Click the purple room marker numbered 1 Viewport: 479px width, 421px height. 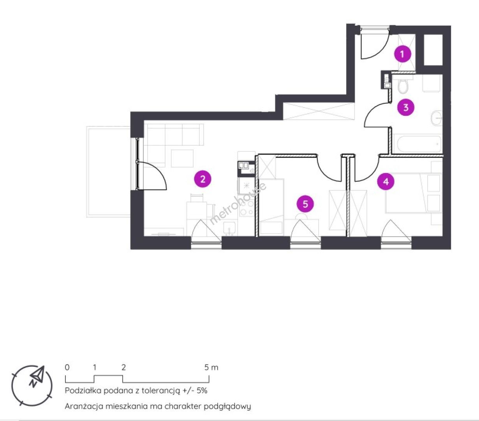[402, 54]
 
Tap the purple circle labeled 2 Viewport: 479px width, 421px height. [203, 179]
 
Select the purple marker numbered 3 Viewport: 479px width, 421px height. [406, 108]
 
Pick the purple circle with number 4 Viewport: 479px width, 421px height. [386, 182]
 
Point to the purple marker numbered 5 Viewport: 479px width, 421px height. [305, 204]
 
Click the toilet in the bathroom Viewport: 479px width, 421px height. [403, 86]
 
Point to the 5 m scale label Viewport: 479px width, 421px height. [211, 368]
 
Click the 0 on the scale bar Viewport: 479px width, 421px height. [67, 368]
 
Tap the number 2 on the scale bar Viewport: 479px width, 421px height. [123, 368]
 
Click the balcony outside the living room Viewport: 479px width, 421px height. [108, 172]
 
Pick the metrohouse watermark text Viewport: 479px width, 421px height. [238, 203]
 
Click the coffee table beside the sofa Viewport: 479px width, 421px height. [182, 158]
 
